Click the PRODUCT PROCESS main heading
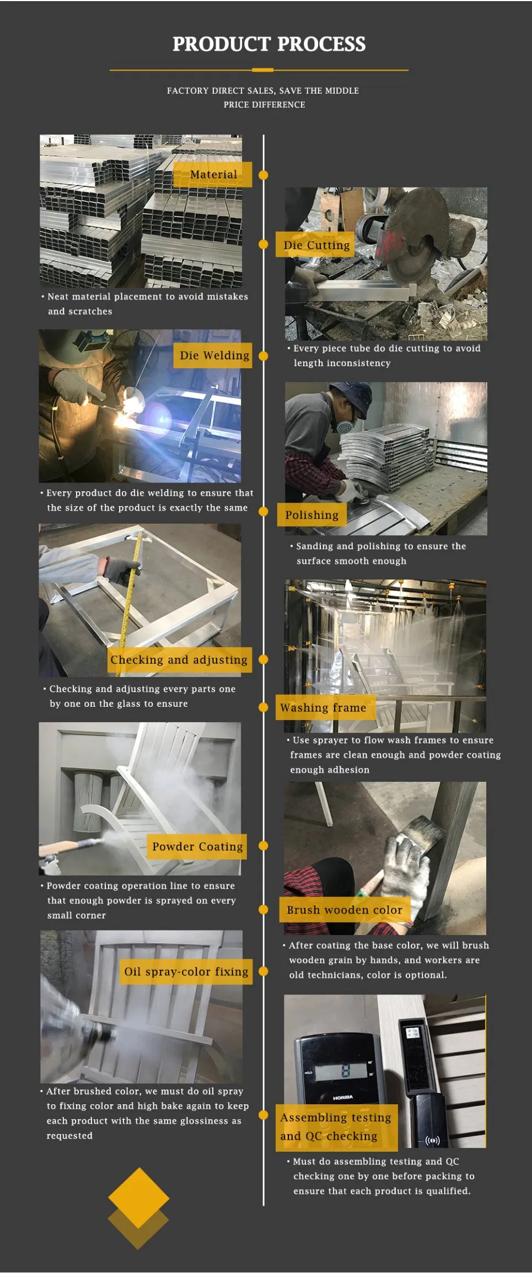pos(268,44)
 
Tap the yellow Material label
pos(213,175)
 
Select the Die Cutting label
pos(316,245)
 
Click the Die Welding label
pos(214,356)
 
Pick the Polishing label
pos(311,515)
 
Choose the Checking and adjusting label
pos(179,660)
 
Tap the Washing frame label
pos(323,708)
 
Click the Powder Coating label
pos(197,847)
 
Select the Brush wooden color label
pos(344,910)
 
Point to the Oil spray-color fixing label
pos(186,972)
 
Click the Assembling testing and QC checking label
pos(336,1127)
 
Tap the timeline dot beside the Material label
pos(264,175)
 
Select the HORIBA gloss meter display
pos(342,1071)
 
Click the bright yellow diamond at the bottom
pos(138,1197)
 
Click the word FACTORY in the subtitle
pos(188,91)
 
